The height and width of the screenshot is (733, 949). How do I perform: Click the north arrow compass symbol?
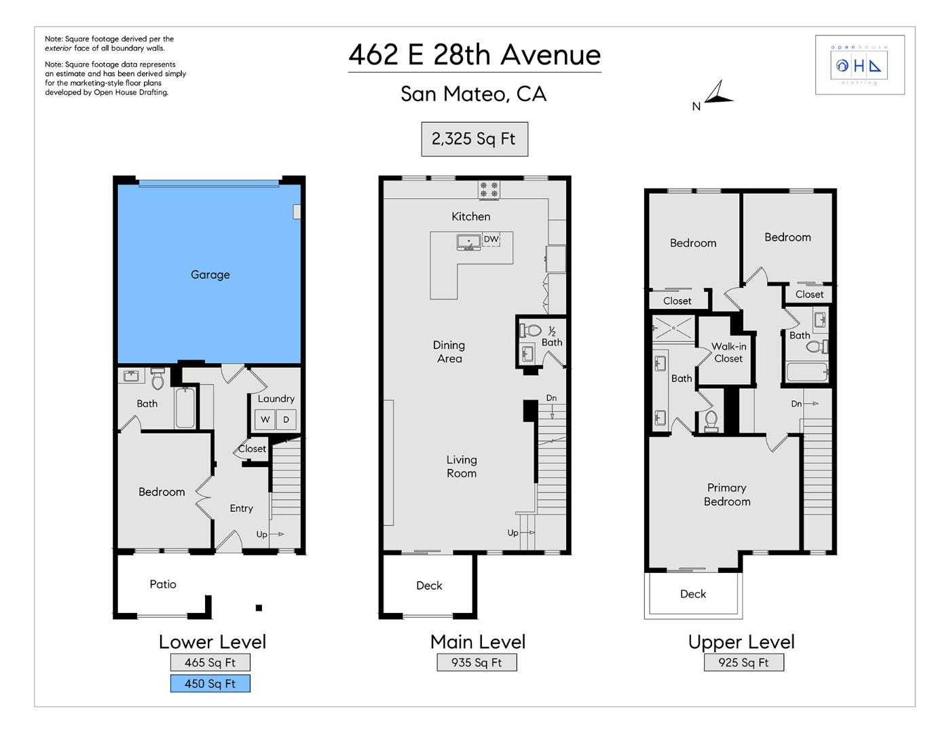pos(718,94)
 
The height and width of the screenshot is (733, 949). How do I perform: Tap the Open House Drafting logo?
pos(859,65)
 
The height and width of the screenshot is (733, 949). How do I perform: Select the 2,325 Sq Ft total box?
pos(474,139)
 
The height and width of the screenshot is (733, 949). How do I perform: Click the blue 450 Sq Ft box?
pos(210,683)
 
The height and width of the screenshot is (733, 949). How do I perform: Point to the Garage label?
pos(210,275)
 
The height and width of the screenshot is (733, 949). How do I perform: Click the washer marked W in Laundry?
pos(265,419)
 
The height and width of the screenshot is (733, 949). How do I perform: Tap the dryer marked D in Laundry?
pos(286,419)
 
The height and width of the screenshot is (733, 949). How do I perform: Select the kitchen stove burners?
pos(489,189)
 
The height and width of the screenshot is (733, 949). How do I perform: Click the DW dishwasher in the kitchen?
pos(491,240)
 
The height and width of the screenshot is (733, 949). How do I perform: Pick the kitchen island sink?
pos(468,242)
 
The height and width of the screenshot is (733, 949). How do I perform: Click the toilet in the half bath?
pos(531,331)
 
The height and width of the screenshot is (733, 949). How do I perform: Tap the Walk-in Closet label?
pos(728,352)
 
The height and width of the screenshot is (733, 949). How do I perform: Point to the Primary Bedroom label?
pos(727,495)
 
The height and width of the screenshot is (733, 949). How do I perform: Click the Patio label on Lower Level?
pos(163,584)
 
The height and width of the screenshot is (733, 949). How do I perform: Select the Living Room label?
pos(462,467)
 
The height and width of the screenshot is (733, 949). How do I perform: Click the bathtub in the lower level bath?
pos(185,408)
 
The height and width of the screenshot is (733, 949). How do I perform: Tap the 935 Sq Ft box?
pos(477,662)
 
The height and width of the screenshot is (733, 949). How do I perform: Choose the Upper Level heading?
pos(741,642)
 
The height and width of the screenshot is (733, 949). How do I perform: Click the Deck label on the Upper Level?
pos(693,594)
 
